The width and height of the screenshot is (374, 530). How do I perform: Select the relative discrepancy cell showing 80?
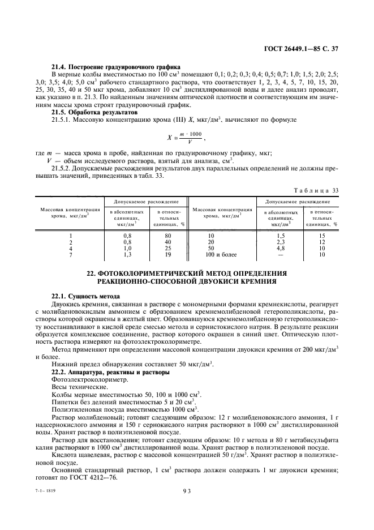click(168, 234)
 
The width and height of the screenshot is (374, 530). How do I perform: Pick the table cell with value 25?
click(168, 248)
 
